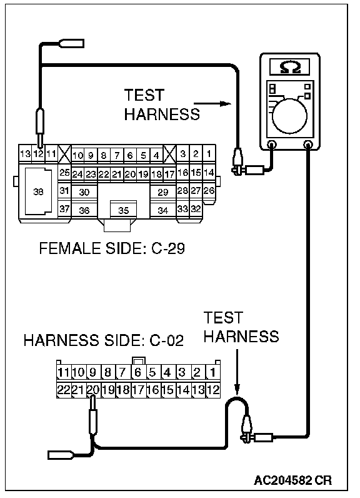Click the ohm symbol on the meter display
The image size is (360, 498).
click(x=290, y=68)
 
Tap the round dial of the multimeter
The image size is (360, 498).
click(x=289, y=116)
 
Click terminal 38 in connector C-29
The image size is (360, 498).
click(x=38, y=191)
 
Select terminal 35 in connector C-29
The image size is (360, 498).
click(x=123, y=210)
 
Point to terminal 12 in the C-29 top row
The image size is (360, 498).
click(x=38, y=154)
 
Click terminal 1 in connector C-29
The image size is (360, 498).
click(x=209, y=154)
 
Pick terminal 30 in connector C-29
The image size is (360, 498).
click(x=84, y=192)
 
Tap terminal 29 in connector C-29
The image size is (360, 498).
click(x=162, y=192)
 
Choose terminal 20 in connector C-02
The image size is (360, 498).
click(x=93, y=390)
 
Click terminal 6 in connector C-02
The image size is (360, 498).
click(x=137, y=372)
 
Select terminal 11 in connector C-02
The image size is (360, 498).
click(x=63, y=372)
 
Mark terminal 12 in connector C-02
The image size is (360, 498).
click(x=213, y=390)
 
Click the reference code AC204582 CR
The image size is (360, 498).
click(x=292, y=480)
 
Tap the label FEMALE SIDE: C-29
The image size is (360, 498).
click(x=112, y=248)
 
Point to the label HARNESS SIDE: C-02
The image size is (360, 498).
click(x=104, y=340)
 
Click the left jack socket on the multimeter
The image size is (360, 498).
click(x=271, y=145)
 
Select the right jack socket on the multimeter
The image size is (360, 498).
click(x=307, y=145)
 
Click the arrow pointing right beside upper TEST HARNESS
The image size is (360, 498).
click(x=212, y=103)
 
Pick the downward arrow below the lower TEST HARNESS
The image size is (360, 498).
click(x=237, y=372)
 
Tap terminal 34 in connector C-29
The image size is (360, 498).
click(x=162, y=210)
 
